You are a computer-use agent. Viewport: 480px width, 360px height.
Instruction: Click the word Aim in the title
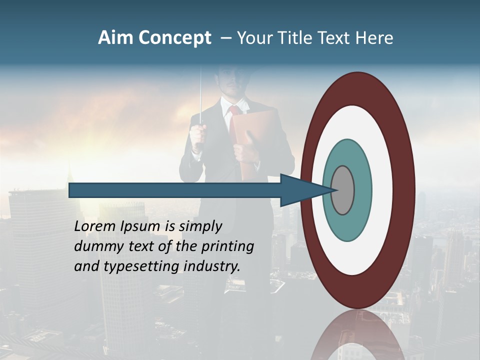[x=116, y=38]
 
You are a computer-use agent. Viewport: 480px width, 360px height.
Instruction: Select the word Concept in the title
[x=174, y=38]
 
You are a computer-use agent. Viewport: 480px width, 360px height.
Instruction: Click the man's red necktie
[x=232, y=111]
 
